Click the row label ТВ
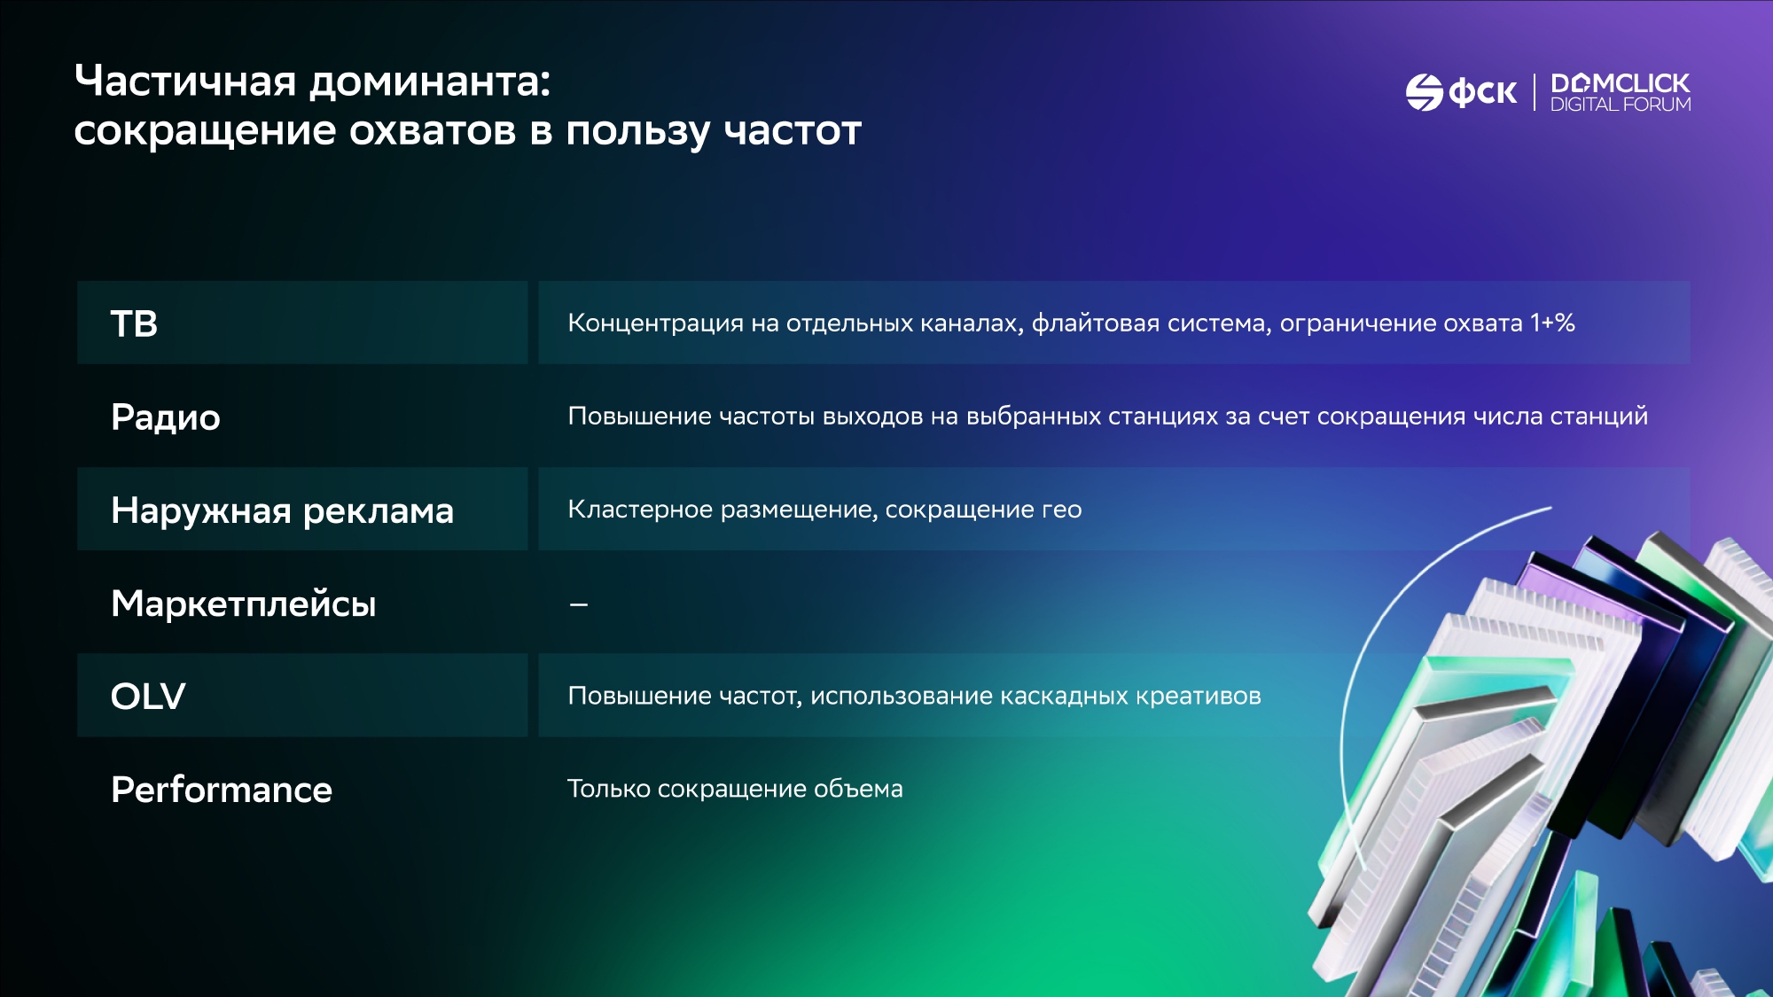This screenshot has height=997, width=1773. (x=134, y=323)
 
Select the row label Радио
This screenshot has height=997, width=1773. (x=166, y=417)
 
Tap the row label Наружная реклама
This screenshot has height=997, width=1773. (x=283, y=510)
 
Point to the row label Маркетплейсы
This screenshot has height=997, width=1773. (x=244, y=604)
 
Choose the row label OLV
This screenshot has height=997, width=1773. (x=148, y=697)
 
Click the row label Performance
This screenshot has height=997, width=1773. (x=222, y=790)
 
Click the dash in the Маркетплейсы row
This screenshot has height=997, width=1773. (x=579, y=604)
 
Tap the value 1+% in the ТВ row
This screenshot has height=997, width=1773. (x=1553, y=323)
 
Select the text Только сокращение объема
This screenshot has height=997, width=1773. (x=735, y=789)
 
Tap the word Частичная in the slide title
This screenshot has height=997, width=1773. (x=185, y=81)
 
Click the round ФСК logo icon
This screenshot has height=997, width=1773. (x=1425, y=92)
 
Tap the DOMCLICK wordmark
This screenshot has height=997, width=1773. (x=1621, y=83)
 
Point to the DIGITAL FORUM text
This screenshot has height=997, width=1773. (x=1621, y=105)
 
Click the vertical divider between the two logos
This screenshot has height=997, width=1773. (x=1535, y=92)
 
